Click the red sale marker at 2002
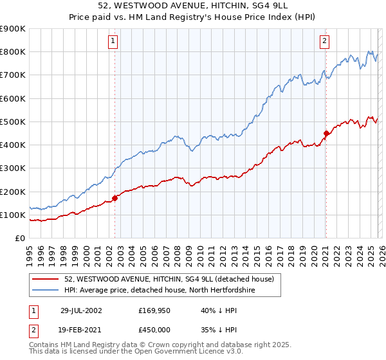(x=115, y=199)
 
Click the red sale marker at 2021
(x=326, y=134)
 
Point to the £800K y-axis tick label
(x=13, y=52)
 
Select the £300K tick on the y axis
(x=13, y=168)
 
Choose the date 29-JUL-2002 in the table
(x=83, y=310)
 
